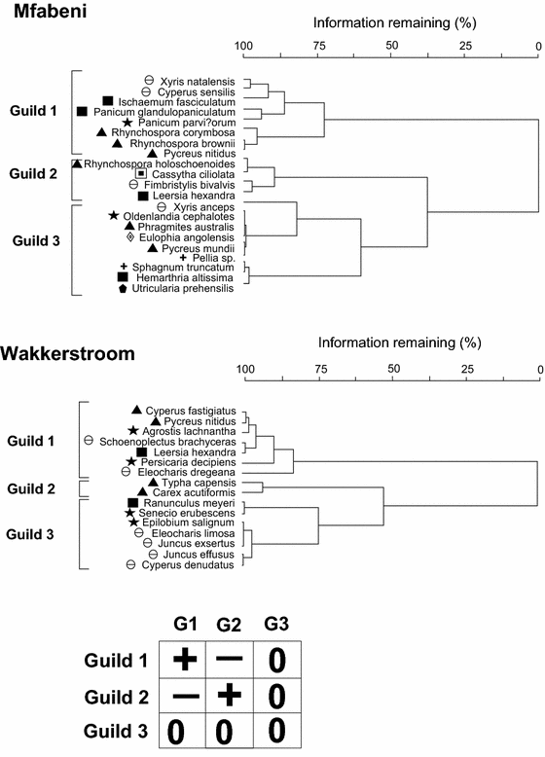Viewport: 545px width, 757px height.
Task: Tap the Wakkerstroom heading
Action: coord(67,354)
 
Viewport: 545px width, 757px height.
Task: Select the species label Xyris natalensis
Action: coord(200,79)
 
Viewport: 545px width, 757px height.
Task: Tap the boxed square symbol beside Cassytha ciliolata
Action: coord(141,173)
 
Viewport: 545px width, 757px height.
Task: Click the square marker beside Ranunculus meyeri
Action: coord(132,502)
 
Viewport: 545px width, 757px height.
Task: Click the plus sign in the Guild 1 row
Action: coord(185,659)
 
